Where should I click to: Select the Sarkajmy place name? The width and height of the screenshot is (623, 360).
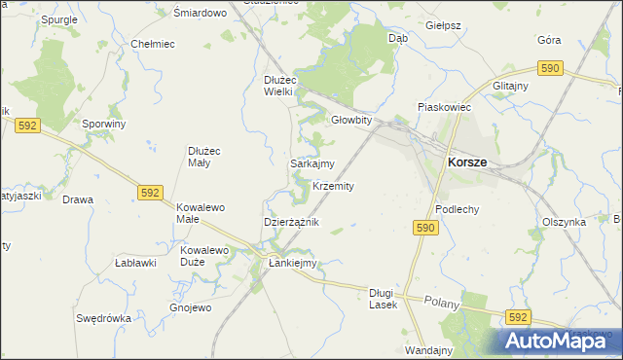[x=312, y=164]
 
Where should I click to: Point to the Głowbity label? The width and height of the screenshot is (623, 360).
[x=351, y=121]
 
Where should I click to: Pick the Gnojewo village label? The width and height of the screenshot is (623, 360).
[x=190, y=308]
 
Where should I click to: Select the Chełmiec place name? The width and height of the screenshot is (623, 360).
[x=152, y=44]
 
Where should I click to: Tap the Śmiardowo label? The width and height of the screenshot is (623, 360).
[x=200, y=13]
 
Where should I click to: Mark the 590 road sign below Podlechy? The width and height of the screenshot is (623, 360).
[x=423, y=228]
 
